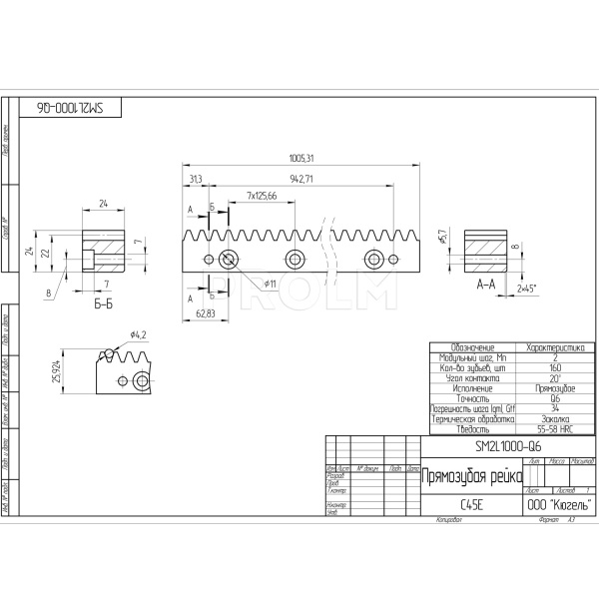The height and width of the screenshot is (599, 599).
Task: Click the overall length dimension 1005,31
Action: coord(300,158)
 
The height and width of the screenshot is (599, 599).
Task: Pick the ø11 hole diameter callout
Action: coord(270,284)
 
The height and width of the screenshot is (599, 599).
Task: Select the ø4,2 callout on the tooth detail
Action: coord(139,333)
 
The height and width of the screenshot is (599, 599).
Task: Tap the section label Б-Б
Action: coord(102,303)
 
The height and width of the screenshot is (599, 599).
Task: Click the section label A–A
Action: coord(487,284)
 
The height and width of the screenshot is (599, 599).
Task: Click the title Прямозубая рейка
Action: coord(471,477)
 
